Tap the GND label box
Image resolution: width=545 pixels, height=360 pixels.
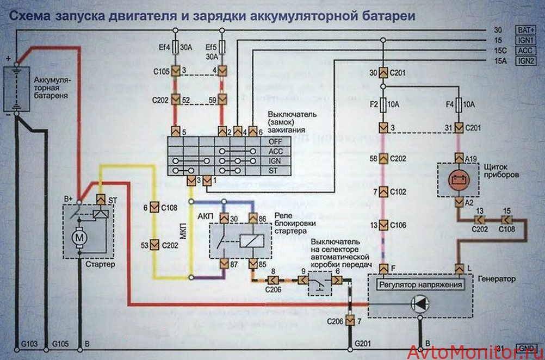(526, 348)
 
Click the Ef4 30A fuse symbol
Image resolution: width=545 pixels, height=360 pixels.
(175, 50)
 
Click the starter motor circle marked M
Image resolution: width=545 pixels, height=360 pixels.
(80, 238)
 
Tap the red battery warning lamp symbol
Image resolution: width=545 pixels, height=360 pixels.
(457, 180)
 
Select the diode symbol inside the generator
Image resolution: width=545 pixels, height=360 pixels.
(419, 304)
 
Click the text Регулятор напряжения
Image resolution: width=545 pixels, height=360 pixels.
(420, 284)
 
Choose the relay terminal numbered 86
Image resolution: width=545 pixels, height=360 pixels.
(253, 218)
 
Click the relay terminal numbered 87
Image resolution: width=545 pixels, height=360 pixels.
(224, 264)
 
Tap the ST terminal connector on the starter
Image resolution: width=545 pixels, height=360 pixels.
(101, 200)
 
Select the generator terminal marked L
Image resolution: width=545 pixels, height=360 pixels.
(458, 268)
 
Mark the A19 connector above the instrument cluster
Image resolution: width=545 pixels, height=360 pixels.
(458, 158)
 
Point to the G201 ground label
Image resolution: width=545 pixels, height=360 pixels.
(363, 344)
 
